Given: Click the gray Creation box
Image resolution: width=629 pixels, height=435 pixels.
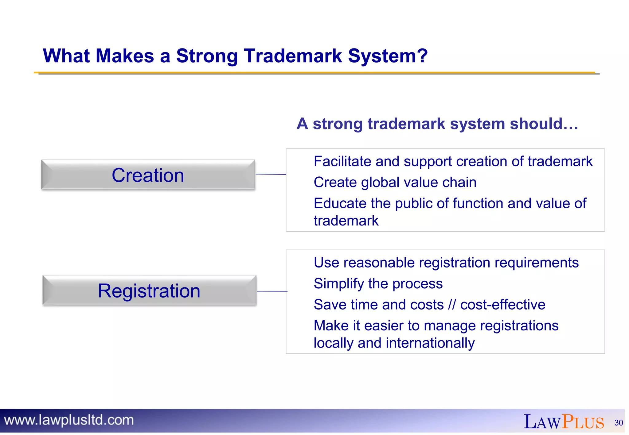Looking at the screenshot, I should click(x=148, y=175).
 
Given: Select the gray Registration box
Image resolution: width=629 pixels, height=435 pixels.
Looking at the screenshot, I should click(x=149, y=291).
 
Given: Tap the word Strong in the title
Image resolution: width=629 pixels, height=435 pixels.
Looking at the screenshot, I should click(x=207, y=56).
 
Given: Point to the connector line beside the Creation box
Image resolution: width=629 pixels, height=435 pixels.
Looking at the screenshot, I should click(x=271, y=174).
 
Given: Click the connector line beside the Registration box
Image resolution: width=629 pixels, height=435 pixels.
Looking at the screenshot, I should click(x=272, y=291).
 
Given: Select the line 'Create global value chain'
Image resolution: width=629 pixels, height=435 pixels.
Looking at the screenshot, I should click(x=395, y=182).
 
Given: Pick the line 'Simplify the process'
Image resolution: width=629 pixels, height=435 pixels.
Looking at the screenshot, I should click(x=378, y=283).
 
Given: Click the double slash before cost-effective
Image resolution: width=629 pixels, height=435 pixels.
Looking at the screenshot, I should click(x=452, y=305).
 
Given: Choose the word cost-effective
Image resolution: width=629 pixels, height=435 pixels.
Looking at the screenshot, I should click(x=503, y=305).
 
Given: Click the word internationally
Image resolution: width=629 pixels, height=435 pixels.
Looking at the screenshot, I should click(x=430, y=343).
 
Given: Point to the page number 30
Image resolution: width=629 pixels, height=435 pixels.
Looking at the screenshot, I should click(x=619, y=423).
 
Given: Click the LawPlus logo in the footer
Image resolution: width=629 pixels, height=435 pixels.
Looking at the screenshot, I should click(x=564, y=422).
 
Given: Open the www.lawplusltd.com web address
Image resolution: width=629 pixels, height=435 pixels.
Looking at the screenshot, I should click(x=69, y=420).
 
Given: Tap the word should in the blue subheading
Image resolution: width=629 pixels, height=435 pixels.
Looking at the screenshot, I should click(x=543, y=124).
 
